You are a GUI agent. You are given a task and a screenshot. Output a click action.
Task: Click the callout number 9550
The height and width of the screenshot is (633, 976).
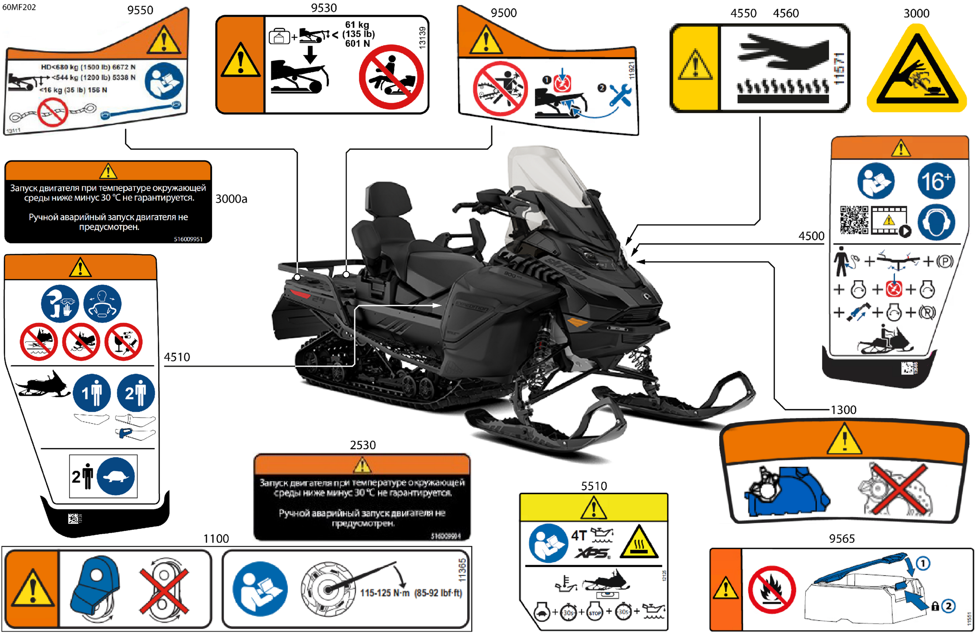(x=140, y=10)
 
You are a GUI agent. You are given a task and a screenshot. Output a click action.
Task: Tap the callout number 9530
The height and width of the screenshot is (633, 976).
(x=324, y=8)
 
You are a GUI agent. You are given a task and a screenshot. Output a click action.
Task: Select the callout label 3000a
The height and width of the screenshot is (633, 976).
(x=231, y=199)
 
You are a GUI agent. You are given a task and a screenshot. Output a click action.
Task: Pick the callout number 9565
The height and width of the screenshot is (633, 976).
(x=842, y=539)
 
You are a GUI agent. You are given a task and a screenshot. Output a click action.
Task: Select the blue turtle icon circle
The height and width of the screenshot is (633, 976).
(x=116, y=476)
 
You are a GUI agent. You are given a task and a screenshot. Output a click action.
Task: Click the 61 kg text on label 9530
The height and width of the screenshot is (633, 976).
(x=357, y=25)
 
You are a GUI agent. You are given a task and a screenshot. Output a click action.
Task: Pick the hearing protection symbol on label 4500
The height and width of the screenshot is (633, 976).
(x=936, y=222)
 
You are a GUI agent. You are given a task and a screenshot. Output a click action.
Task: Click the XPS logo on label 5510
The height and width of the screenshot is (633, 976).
(x=592, y=553)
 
